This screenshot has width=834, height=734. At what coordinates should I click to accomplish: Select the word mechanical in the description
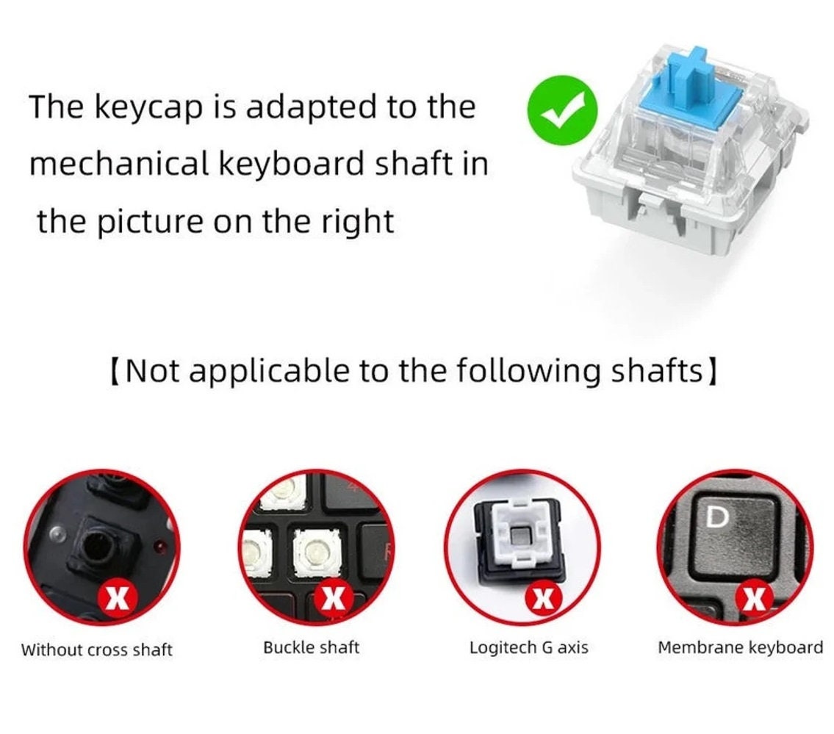tap(118, 164)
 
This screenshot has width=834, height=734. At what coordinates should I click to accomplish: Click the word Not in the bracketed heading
tap(152, 371)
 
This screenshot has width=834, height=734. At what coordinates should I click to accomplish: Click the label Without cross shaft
tap(96, 650)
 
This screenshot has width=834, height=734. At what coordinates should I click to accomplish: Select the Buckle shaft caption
tap(312, 647)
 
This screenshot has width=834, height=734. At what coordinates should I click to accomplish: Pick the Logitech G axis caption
tap(528, 648)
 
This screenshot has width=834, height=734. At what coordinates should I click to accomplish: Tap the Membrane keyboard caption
tap(740, 647)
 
